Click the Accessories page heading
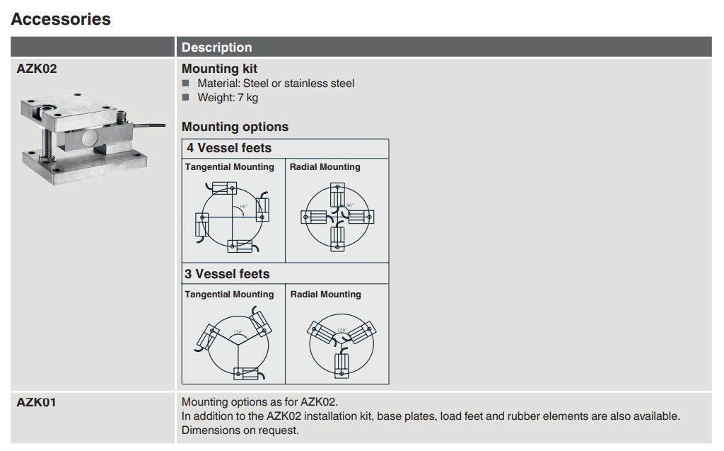click(x=61, y=19)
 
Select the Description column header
click(x=216, y=47)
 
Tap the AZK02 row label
click(x=37, y=69)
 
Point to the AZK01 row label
click(x=36, y=403)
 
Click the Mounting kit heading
click(x=219, y=69)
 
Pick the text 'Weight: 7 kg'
click(x=228, y=98)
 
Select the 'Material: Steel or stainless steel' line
click(x=276, y=84)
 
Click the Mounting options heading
click(x=235, y=127)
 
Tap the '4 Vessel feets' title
click(x=229, y=148)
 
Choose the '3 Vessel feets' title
click(x=228, y=274)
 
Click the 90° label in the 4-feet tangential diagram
click(x=243, y=207)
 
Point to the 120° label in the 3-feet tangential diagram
click(x=238, y=331)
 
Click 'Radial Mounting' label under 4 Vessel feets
click(x=325, y=167)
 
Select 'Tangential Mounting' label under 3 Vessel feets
click(x=229, y=295)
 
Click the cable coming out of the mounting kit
click(x=148, y=125)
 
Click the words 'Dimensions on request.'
click(x=240, y=430)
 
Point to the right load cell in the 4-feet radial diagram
click(x=359, y=217)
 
